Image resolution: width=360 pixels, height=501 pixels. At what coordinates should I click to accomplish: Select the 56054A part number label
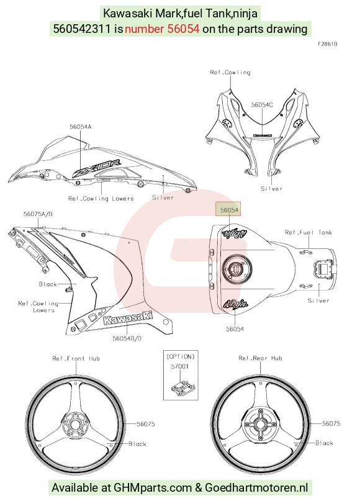coord(81,127)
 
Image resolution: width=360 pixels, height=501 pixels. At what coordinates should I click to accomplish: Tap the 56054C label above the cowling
coord(262,105)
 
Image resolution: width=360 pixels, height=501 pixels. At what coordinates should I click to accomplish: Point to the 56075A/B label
coord(38,214)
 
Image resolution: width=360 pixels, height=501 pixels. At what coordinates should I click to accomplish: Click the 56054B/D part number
coord(127,338)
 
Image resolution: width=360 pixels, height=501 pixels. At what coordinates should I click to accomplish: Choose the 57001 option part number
coord(180,366)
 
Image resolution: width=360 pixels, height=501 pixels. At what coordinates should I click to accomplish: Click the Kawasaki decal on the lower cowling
coord(128,318)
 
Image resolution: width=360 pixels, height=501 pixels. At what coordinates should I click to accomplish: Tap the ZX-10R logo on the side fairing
coord(97,168)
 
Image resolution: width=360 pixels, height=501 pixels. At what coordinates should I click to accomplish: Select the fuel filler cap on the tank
coord(236,267)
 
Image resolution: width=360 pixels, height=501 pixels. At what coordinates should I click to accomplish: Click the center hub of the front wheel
coord(74,425)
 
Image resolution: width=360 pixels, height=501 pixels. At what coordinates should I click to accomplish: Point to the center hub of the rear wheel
coord(259,425)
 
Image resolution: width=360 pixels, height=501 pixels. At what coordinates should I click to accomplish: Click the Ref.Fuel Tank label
coord(308,232)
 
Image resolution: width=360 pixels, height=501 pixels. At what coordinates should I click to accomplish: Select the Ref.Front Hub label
coord(76,358)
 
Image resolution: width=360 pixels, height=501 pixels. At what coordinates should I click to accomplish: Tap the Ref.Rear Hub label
coord(260,358)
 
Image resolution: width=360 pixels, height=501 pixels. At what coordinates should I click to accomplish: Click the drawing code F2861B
coord(328,44)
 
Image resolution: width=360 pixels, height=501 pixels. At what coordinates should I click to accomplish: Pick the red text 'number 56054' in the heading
coord(162,29)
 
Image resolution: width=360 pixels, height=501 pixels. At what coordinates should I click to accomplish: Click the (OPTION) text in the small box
coord(181,356)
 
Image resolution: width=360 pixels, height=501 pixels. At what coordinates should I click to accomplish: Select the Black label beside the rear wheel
coord(324,443)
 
